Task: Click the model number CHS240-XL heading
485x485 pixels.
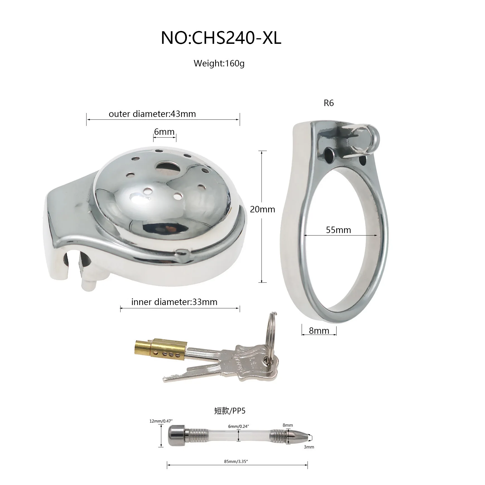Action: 221,38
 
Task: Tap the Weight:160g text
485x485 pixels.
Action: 219,63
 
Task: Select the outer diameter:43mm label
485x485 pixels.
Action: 152,114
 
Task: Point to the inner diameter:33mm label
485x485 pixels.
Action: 174,302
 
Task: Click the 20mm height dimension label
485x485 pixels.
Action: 263,209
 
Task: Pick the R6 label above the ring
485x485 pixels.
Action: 329,103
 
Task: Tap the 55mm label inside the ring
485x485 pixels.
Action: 338,230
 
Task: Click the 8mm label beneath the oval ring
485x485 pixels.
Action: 319,331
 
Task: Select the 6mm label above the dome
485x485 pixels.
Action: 164,131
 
